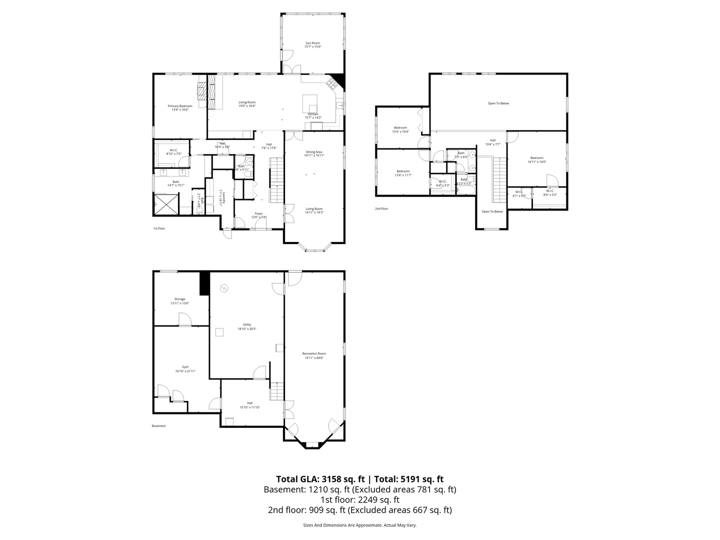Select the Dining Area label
point(314,153)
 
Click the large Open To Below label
point(498,103)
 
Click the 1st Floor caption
point(159,228)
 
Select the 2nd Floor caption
point(381,208)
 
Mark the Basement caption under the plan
point(158,426)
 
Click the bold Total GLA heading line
point(359,479)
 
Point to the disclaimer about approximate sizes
point(359,525)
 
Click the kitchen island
point(311,103)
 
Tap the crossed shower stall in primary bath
point(166,203)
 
